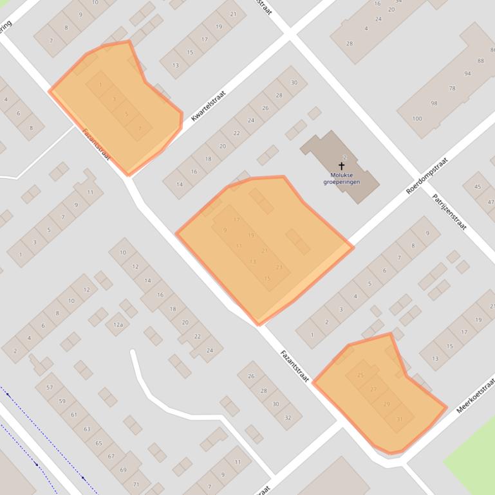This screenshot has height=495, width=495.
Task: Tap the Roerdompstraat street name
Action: tap(426, 174)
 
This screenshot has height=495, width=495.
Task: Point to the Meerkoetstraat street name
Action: tap(475, 393)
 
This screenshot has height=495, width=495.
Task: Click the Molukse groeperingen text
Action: tap(341, 178)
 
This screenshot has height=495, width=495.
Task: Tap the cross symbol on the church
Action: tap(341, 166)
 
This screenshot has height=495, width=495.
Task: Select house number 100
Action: tap(417, 118)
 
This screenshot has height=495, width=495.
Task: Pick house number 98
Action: tap(434, 104)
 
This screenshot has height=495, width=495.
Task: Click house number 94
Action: tap(467, 74)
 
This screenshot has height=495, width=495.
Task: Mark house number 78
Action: tap(452, 89)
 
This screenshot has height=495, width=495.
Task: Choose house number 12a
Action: tap(118, 325)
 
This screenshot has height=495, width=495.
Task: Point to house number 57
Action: tap(50, 387)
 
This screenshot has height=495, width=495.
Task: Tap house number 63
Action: tap(87, 429)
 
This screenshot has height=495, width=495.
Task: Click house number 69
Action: tap(123, 470)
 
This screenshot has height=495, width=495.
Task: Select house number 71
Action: tap(136, 484)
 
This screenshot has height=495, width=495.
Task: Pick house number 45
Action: tap(477, 187)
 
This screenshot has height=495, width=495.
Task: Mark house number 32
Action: tap(288, 418)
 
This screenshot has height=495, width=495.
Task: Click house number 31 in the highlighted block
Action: tap(400, 419)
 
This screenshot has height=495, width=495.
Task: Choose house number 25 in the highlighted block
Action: tap(360, 375)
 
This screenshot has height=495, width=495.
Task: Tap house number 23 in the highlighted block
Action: tap(279, 267)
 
